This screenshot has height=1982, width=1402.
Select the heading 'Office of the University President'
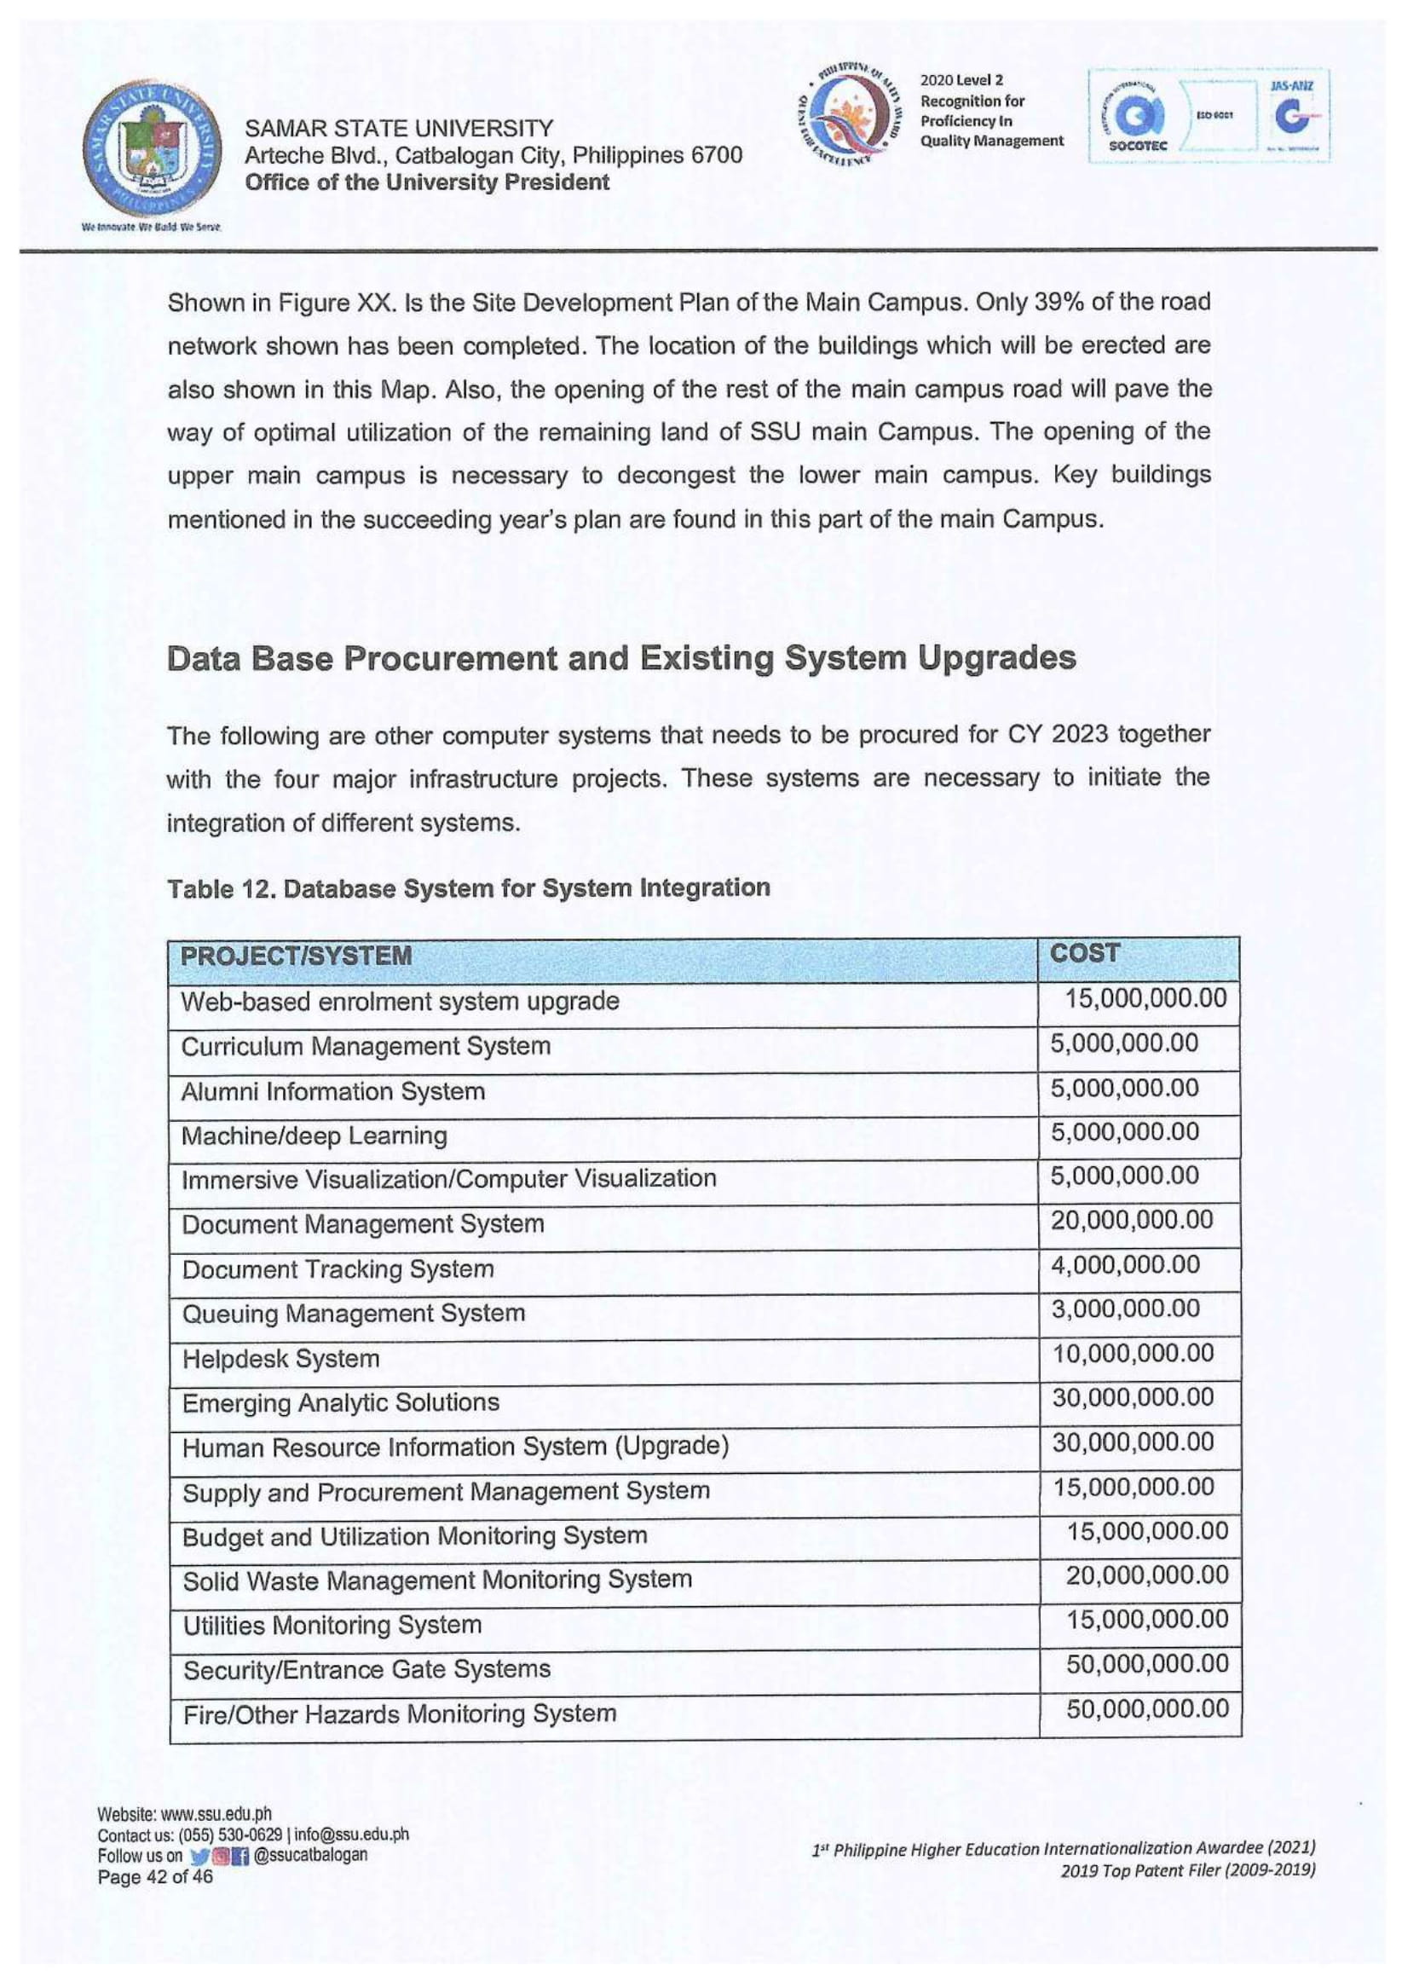click(427, 182)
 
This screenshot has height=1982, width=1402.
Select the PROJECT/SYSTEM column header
click(295, 956)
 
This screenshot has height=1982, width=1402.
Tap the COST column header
click(1084, 953)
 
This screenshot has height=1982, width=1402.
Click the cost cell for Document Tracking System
click(1125, 1266)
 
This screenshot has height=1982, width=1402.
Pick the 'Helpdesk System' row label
click(280, 1359)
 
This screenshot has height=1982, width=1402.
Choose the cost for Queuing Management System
click(1125, 1309)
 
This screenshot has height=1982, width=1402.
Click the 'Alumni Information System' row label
click(332, 1091)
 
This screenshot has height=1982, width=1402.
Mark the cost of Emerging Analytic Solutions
click(1132, 1397)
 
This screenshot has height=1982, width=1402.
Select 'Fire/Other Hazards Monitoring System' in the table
click(400, 1713)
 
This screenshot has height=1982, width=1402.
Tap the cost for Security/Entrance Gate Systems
click(1146, 1665)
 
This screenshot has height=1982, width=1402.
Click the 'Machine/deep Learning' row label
click(314, 1135)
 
